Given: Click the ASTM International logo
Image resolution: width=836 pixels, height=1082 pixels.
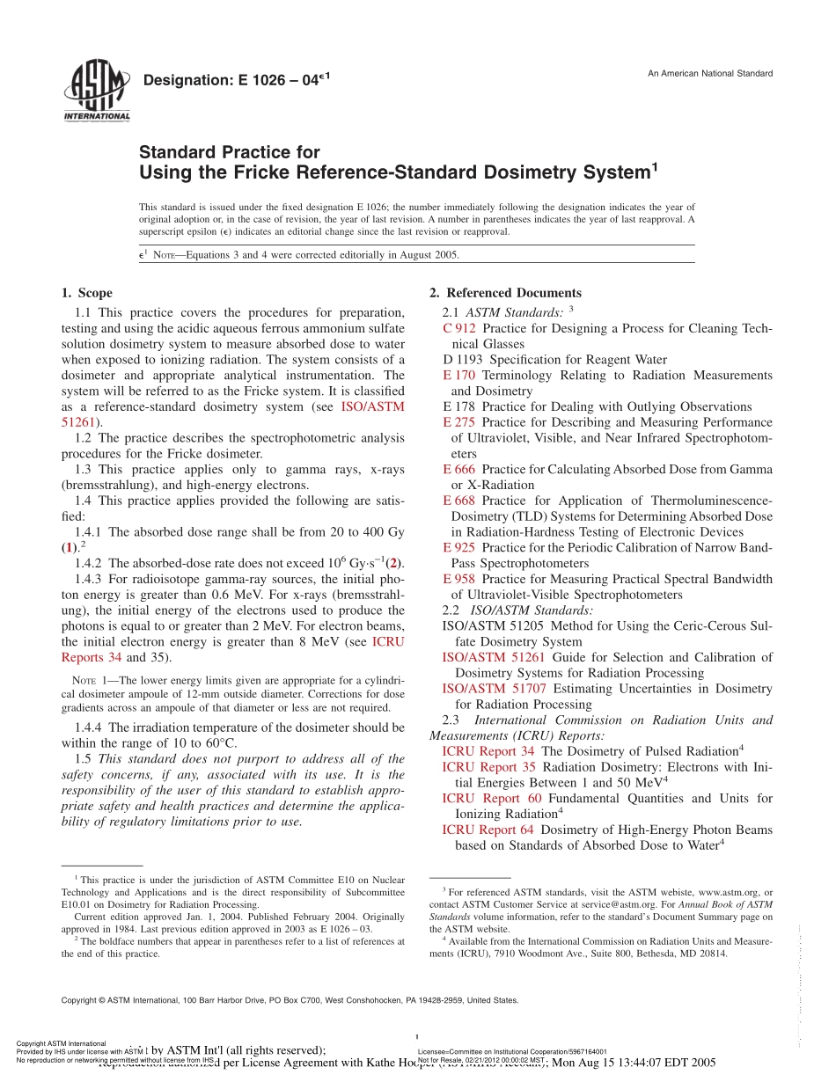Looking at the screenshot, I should pyautogui.click(x=96, y=91).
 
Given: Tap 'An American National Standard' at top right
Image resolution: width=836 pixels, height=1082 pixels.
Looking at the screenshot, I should pyautogui.click(x=710, y=73).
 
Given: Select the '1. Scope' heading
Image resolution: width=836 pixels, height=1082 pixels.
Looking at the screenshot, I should pyautogui.click(x=86, y=293).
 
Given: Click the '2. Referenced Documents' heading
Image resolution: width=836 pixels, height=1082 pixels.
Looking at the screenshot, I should pyautogui.click(x=505, y=293).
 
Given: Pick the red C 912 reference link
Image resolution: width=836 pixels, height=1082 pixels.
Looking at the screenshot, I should pyautogui.click(x=459, y=328).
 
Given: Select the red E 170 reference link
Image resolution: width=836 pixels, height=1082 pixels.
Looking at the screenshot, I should pyautogui.click(x=458, y=376).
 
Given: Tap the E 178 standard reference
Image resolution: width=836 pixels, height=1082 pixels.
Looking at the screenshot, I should pyautogui.click(x=458, y=406).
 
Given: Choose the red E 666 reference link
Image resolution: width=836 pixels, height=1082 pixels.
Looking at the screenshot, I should pyautogui.click(x=458, y=470).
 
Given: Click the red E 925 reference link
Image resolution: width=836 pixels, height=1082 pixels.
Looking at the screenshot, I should pyautogui.click(x=458, y=547).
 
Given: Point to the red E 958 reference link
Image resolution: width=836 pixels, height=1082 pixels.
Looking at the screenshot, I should pyautogui.click(x=458, y=579).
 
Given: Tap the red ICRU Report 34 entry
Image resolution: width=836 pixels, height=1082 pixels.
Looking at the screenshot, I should pyautogui.click(x=488, y=751).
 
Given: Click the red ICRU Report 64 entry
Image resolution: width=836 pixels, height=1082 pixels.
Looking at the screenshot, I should pyautogui.click(x=488, y=830).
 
